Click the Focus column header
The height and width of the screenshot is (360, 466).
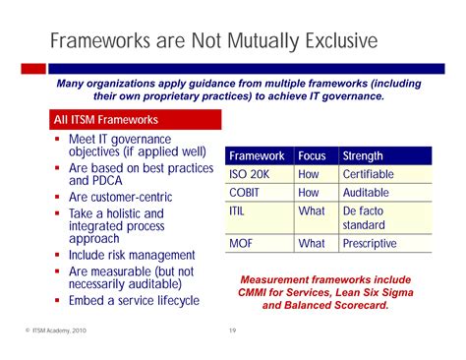click(x=312, y=156)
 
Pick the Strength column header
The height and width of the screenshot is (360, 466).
click(x=362, y=156)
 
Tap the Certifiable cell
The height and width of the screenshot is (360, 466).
click(x=369, y=174)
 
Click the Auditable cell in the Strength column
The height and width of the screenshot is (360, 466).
click(x=366, y=193)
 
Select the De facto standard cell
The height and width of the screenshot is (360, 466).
click(x=366, y=218)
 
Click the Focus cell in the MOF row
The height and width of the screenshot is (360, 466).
click(x=311, y=243)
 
